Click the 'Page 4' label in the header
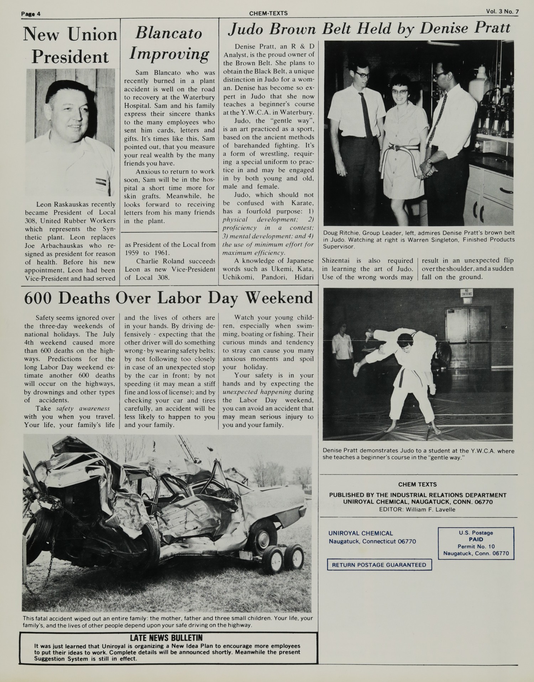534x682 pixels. click(31, 14)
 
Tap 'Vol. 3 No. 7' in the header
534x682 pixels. click(502, 11)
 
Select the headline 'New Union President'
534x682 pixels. click(70, 46)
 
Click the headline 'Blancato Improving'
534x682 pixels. click(169, 44)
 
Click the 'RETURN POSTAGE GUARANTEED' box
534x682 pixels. click(379, 565)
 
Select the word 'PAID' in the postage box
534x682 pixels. click(476, 540)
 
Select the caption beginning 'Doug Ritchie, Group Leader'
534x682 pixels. click(419, 239)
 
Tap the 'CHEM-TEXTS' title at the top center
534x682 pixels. click(268, 14)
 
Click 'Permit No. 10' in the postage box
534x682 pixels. click(476, 546)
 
